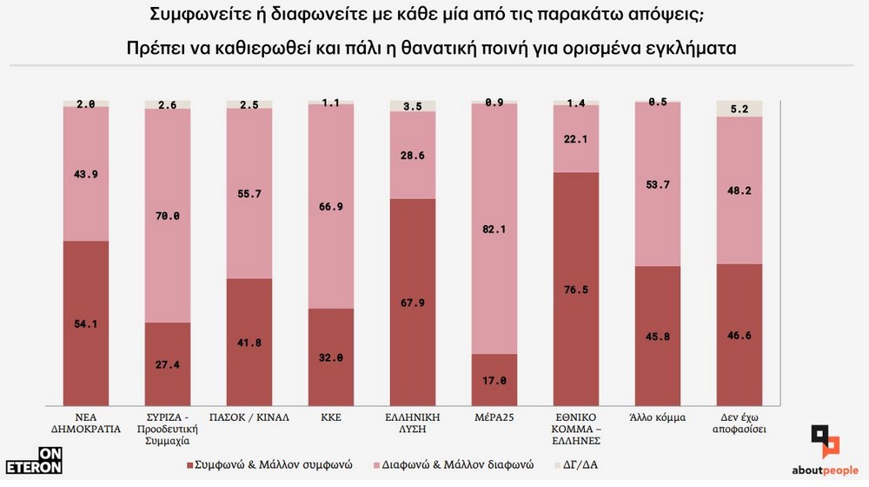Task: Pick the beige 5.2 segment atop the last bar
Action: pos(740,109)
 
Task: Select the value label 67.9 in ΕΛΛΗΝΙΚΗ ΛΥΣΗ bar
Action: pos(413,304)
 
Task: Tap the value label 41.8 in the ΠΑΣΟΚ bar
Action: pos(249,343)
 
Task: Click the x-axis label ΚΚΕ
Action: pos(331,417)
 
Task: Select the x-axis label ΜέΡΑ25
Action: pos(494,417)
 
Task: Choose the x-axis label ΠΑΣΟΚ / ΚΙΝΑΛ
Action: pos(249,417)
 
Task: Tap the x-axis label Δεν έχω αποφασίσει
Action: pos(740,424)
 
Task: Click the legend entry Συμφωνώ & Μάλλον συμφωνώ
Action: pos(269,465)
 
